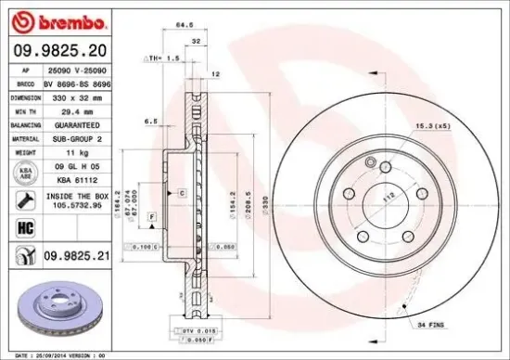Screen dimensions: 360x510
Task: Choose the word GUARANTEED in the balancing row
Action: pos(77,123)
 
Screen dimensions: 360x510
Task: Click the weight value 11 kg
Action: pos(70,151)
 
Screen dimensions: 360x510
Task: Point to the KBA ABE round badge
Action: pos(23,173)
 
